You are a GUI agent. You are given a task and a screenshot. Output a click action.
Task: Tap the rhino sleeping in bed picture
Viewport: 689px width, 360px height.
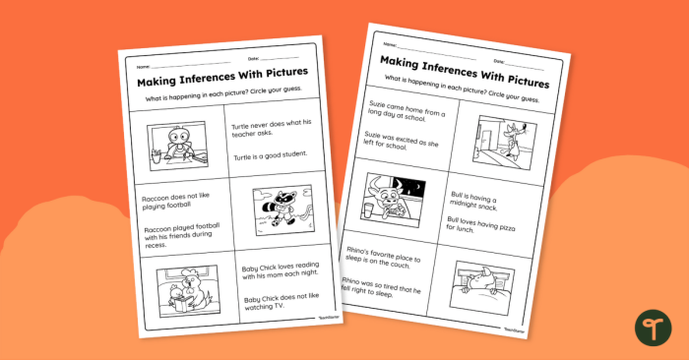coord(487,286)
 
